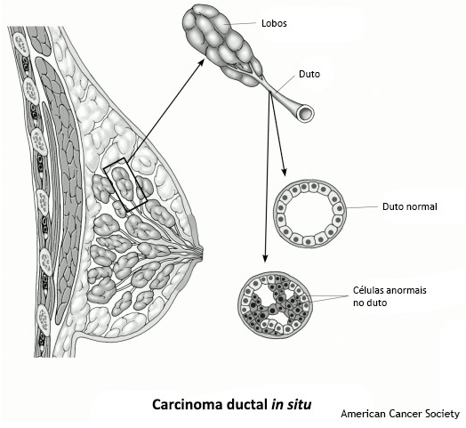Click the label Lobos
[x=274, y=23]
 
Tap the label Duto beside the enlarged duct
[x=309, y=74]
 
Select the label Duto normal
[x=410, y=206]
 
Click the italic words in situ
[x=292, y=405]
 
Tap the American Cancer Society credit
[x=400, y=414]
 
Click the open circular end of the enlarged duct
[x=306, y=113]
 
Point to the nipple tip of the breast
[x=203, y=252]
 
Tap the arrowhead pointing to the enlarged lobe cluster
[x=201, y=62]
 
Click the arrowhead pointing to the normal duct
[x=284, y=172]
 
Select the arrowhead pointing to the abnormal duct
[x=265, y=259]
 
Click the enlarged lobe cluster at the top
[x=222, y=45]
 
